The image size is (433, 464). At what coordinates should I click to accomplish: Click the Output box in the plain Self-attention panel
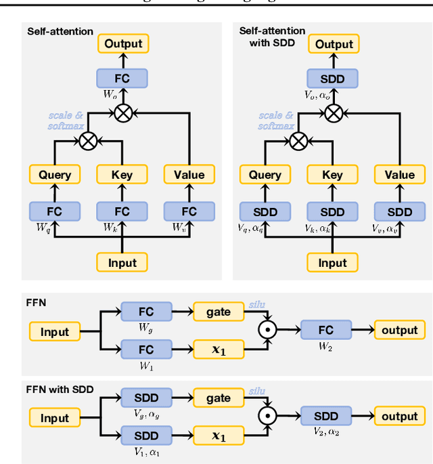pyautogui.click(x=122, y=44)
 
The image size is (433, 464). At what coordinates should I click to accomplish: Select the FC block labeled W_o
pyautogui.click(x=122, y=79)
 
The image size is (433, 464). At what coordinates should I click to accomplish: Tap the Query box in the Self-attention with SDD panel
pyautogui.click(x=265, y=175)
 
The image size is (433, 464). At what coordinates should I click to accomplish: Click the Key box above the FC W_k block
pyautogui.click(x=122, y=175)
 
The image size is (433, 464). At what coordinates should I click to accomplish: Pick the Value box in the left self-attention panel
pyautogui.click(x=189, y=175)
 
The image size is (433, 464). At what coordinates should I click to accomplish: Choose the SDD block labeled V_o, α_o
pyautogui.click(x=332, y=79)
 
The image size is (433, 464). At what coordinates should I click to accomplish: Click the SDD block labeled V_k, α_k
pyautogui.click(x=332, y=212)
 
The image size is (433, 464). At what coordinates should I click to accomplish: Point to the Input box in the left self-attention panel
pyautogui.click(x=122, y=262)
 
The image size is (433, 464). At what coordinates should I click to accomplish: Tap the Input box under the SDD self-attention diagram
pyautogui.click(x=332, y=262)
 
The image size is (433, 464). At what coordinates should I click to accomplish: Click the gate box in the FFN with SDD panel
pyautogui.click(x=218, y=399)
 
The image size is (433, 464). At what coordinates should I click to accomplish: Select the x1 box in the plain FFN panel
pyautogui.click(x=218, y=350)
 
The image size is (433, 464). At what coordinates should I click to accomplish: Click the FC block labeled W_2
pyautogui.click(x=326, y=331)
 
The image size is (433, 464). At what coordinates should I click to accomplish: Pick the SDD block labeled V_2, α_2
pyautogui.click(x=326, y=417)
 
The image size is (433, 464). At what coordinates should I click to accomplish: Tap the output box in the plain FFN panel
pyautogui.click(x=399, y=331)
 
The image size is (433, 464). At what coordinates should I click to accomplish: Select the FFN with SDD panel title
pyautogui.click(x=60, y=389)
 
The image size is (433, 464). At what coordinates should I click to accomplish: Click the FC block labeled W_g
pyautogui.click(x=145, y=312)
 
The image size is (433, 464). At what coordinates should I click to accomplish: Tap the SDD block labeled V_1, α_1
pyautogui.click(x=145, y=436)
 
